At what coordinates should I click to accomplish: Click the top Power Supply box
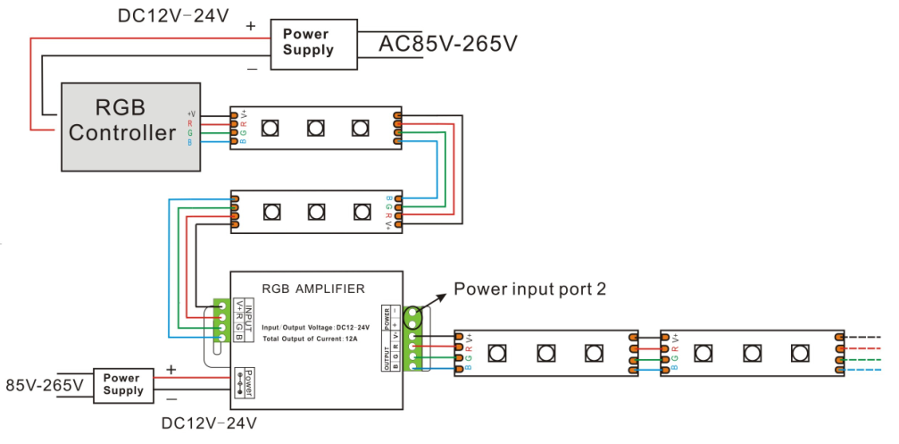coord(307,41)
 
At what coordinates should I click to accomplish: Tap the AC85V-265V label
coord(448,43)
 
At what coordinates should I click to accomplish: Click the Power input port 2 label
coord(530,289)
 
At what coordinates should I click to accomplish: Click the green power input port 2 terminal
coord(412,317)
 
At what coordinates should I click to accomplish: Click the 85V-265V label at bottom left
coord(44,386)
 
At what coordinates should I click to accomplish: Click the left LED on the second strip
coord(270,212)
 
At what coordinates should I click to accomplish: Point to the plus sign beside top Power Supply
coord(251,27)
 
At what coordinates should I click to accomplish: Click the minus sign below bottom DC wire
coord(171,398)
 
